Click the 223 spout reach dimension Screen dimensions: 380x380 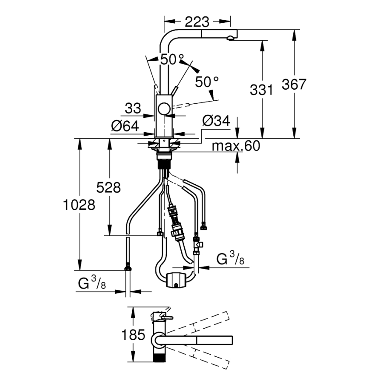pos(197,21)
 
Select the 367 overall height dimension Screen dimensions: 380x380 pos(294,84)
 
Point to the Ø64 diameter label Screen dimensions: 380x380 pos(125,126)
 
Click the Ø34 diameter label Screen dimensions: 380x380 pos(216,121)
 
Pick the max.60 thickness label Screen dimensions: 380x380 pos(236,146)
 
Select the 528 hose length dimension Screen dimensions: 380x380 pos(108,187)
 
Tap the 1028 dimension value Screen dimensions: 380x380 pos(79,204)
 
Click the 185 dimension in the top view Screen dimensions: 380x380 pos(133,335)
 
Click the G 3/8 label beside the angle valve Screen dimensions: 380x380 pos(230,260)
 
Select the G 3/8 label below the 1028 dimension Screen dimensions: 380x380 pos(91,284)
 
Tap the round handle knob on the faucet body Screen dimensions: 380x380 pos(165,109)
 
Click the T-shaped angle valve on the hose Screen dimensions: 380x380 pos(197,246)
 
